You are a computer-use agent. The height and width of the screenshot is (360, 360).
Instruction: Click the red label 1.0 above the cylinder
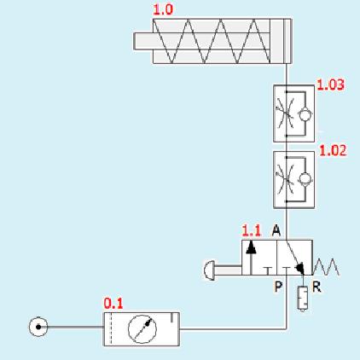coord(163,9)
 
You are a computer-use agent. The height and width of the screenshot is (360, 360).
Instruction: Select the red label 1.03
coord(330,84)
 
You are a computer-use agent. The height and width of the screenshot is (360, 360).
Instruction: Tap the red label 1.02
coord(333,150)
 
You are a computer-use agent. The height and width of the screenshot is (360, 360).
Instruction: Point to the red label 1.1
coord(252,230)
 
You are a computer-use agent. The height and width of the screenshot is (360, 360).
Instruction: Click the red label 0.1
coord(113,304)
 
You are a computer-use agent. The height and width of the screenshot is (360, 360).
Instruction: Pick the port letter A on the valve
coord(276,230)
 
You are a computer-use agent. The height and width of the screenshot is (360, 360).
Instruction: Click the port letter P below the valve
coord(278,287)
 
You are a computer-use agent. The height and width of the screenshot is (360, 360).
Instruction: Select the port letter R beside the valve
coord(316,287)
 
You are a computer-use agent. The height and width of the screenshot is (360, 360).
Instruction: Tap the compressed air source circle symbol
coord(38,327)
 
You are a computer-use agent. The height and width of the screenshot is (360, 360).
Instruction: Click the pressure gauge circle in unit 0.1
coord(142,329)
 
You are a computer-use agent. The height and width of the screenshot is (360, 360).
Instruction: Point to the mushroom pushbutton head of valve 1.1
coord(210,270)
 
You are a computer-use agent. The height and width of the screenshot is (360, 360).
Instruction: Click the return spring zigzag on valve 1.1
coord(326,267)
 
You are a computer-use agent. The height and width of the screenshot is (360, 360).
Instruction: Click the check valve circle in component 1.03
coord(305,114)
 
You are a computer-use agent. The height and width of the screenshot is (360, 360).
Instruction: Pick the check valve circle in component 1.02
coord(305,179)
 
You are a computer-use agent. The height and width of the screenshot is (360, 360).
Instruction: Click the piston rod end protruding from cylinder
coord(143,42)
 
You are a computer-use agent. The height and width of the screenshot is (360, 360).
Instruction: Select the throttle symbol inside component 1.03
coord(285,113)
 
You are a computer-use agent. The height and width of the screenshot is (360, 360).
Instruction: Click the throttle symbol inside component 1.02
coord(285,178)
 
